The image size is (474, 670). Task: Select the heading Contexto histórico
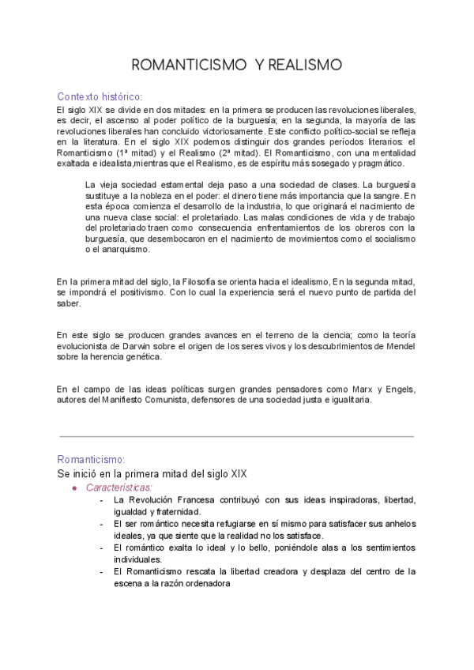[x=100, y=96]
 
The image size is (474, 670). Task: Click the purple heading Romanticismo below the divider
[x=91, y=459]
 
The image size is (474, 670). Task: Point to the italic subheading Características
[x=118, y=487]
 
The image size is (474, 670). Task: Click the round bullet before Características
[x=74, y=487]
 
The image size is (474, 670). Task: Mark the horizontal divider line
[x=237, y=436]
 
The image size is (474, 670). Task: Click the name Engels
[x=398, y=389]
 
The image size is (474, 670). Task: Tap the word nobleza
[x=163, y=196]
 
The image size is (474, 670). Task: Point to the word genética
[x=141, y=357]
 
